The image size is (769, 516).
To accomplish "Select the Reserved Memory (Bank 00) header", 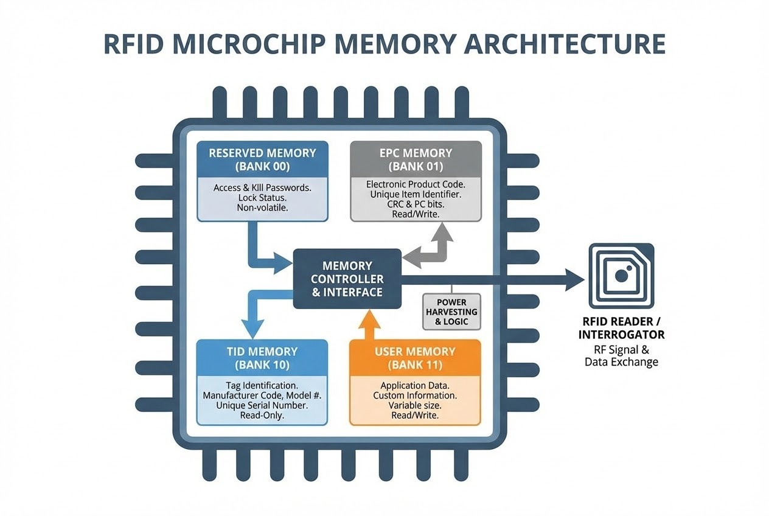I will coord(262,159).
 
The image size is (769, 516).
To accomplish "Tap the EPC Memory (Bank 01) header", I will coord(416,159).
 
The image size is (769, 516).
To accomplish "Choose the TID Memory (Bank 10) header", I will coord(262,358).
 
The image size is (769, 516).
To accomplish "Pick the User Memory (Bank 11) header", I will coord(415,358).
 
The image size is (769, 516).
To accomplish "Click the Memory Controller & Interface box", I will coord(347,279).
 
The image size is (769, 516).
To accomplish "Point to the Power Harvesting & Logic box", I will coord(451,312).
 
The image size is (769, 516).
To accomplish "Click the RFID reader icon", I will coord(621,276).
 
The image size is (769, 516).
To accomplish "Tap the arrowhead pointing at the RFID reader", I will coord(574,279).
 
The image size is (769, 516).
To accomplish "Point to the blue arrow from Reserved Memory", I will coord(262,253).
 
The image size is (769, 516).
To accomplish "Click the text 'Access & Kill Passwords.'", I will coord(262,187).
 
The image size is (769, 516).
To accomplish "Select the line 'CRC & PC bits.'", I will coord(416,204).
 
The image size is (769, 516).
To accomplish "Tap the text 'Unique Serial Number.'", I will coord(262,405).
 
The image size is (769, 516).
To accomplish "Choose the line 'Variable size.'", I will coord(415,405).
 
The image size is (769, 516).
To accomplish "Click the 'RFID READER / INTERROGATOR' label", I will coord(621,329).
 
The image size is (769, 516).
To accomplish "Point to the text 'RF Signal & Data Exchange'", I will coord(621,355).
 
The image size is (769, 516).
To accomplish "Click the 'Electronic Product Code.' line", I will coord(416,184).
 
